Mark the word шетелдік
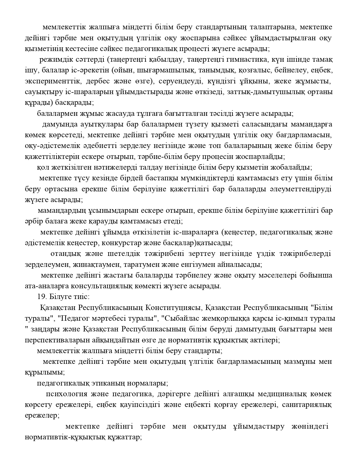click(124, 254)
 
